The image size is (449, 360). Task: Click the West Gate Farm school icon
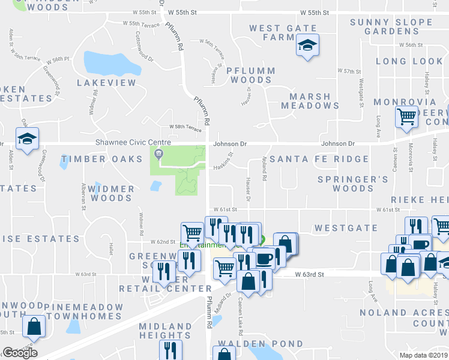307,45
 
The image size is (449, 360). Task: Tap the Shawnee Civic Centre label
133,143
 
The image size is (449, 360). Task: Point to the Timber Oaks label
93,160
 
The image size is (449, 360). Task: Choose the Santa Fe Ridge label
319,159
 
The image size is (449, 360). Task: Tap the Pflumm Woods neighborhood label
251,75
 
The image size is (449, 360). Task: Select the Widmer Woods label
111,193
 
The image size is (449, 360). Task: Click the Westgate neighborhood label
337,229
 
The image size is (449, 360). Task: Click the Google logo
20,353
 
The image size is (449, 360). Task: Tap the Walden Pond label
261,344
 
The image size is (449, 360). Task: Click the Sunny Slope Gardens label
391,27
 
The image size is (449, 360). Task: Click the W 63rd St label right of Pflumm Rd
310,274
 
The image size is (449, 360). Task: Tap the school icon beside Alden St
27,139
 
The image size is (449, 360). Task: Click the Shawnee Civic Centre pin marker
159,154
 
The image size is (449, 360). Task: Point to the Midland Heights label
165,331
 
